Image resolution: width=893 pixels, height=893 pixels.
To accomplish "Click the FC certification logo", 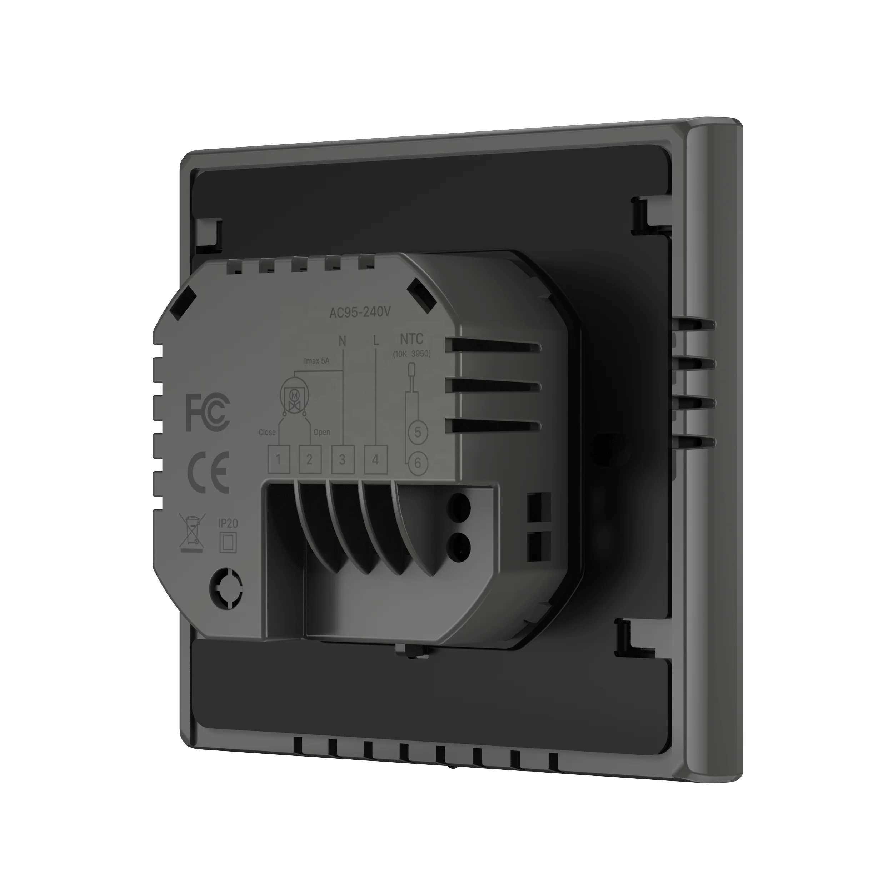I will click(208, 413).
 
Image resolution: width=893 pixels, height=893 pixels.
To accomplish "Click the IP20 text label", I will click(228, 523).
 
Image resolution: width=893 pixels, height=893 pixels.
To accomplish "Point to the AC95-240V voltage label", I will click(360, 313).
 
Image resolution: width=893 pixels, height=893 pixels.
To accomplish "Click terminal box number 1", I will click(279, 459).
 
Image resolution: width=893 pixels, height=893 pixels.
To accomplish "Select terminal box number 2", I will click(310, 459).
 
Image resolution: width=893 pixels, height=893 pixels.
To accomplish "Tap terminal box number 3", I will click(343, 459).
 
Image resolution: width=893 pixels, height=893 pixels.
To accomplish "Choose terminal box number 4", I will click(375, 459).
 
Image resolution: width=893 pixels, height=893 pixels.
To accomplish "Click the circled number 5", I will click(418, 433).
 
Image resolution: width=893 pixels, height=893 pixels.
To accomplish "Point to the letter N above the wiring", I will click(342, 341).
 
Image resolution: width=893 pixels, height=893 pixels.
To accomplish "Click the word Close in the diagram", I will click(267, 432).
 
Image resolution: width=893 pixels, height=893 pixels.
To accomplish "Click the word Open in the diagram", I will click(322, 432).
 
